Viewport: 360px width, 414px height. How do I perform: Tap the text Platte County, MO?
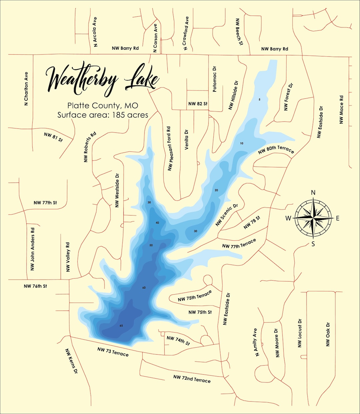(103, 106)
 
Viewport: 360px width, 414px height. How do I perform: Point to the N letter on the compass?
(313, 192)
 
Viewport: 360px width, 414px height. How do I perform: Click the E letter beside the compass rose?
(338, 219)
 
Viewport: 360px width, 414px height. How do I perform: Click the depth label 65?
(121, 326)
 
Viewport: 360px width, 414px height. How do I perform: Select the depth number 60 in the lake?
(144, 288)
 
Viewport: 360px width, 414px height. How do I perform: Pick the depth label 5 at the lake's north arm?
(259, 99)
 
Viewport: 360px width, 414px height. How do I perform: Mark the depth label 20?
(216, 190)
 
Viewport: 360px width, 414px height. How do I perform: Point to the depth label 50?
(151, 245)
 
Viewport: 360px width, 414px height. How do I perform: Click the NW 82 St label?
(198, 104)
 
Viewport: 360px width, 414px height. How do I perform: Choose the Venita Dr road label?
(186, 139)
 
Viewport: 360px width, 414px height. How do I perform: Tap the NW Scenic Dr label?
(227, 215)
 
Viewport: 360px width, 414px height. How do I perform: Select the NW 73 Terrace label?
(113, 352)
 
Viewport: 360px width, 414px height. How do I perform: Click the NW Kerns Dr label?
(71, 361)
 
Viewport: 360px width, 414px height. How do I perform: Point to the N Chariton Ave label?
(26, 89)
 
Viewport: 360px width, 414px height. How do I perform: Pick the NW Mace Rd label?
(341, 110)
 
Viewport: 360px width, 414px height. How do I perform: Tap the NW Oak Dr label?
(328, 334)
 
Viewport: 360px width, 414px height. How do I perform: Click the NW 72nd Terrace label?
(192, 379)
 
